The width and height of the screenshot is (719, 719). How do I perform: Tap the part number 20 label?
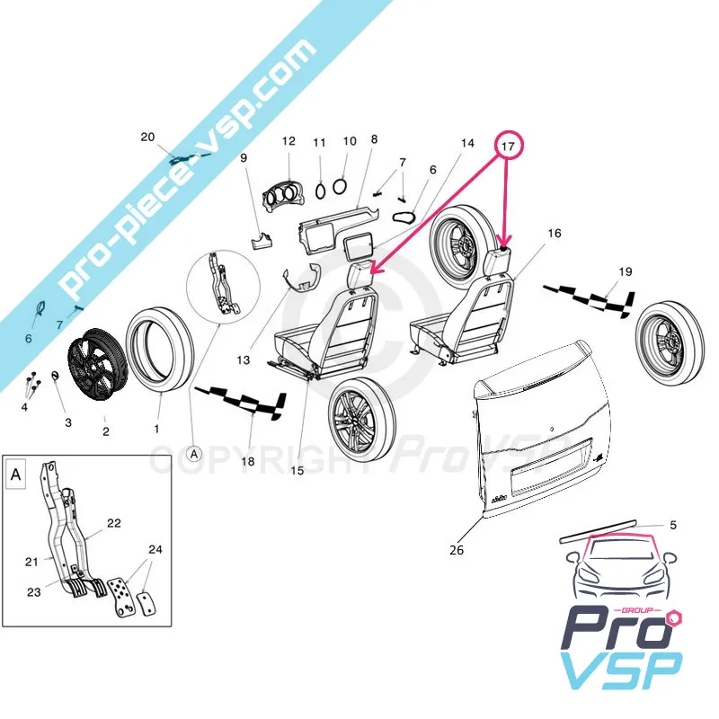point(148,137)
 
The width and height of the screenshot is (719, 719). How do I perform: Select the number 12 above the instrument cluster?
point(288,142)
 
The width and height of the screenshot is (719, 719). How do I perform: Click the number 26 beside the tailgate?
point(457,550)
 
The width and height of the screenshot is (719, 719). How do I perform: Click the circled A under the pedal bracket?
point(192,455)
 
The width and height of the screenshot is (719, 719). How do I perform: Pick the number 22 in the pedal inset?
point(114,522)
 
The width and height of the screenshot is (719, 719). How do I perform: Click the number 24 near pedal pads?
point(155,549)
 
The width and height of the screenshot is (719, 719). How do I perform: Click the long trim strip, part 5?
point(599,531)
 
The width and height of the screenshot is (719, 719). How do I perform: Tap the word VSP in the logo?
point(620,673)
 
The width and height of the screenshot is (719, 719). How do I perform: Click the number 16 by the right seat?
point(554,234)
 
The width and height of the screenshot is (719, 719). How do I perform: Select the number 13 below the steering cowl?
point(244,359)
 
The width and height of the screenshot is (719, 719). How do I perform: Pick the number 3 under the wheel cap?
point(67,422)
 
